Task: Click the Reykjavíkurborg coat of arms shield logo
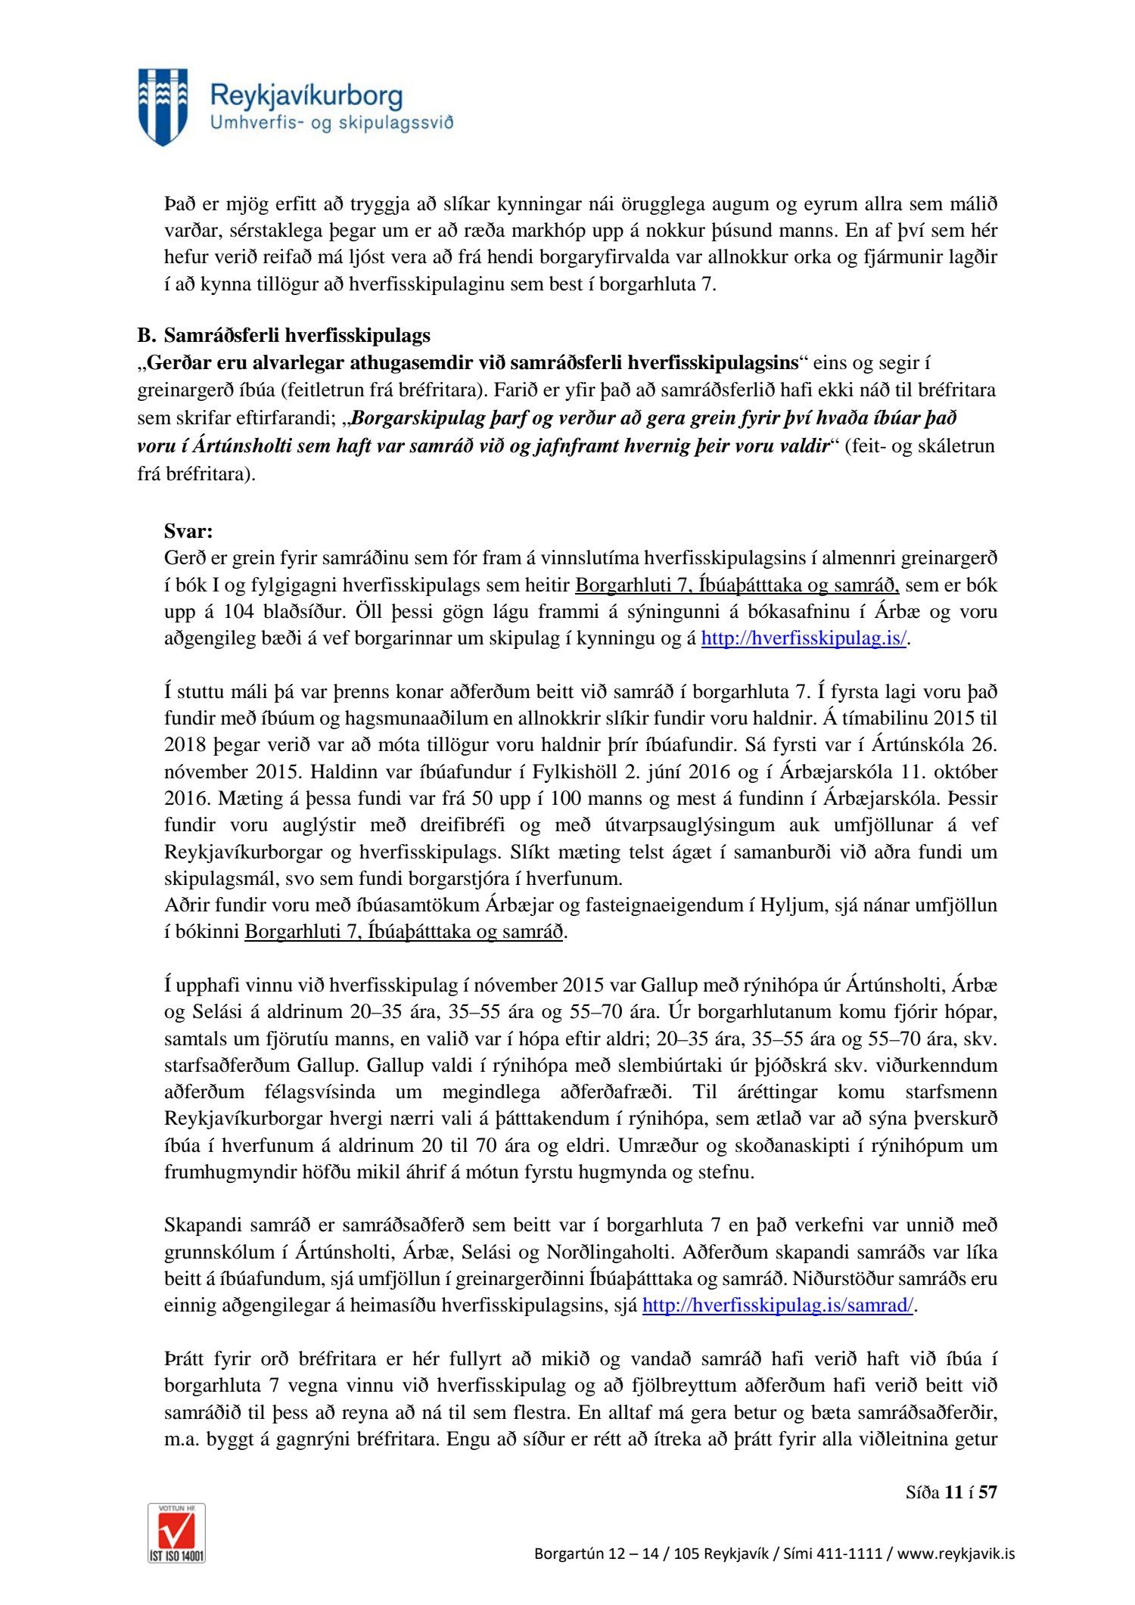point(163,107)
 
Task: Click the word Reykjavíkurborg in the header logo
point(306,96)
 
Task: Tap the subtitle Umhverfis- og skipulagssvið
point(331,123)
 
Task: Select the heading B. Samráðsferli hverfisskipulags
point(284,335)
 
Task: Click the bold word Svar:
point(188,531)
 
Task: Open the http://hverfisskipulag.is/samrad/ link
point(778,1305)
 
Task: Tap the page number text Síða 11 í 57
point(951,1492)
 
